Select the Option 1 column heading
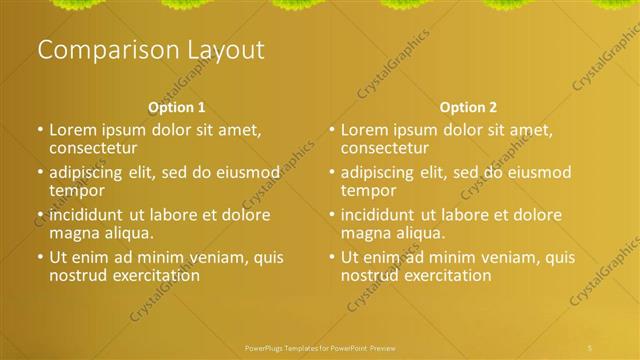click(x=177, y=107)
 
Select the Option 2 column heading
click(x=468, y=107)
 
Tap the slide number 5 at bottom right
click(x=590, y=346)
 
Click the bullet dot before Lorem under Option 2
click(x=332, y=130)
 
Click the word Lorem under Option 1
click(x=73, y=130)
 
